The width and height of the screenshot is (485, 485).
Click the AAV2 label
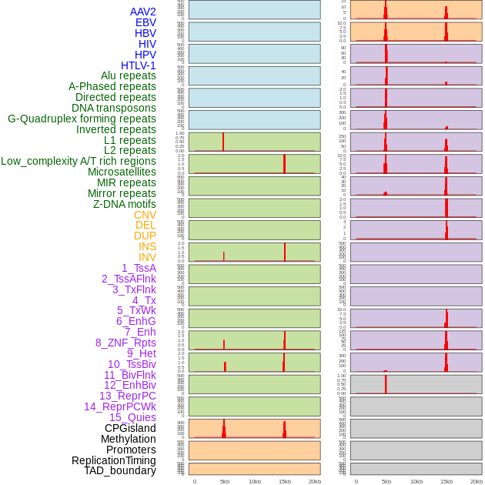pyautogui.click(x=143, y=12)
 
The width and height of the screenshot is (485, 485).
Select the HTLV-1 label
pyautogui.click(x=139, y=65)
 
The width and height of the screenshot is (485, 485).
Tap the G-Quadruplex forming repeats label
pyautogui.click(x=82, y=119)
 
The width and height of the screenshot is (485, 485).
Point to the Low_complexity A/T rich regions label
pyautogui.click(x=79, y=161)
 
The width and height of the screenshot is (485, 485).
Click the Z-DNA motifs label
pyautogui.click(x=125, y=204)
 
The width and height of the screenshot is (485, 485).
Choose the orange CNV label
pyautogui.click(x=145, y=215)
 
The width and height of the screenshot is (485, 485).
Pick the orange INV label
pyautogui.click(x=147, y=257)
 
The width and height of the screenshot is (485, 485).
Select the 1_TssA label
pyautogui.click(x=139, y=268)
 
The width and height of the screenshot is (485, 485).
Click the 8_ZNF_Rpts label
pyautogui.click(x=125, y=343)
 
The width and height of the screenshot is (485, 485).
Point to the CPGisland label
pyautogui.click(x=130, y=428)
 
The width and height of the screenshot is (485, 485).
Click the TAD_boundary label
pyautogui.click(x=120, y=470)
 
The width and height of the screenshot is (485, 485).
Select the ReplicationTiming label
pyautogui.click(x=114, y=460)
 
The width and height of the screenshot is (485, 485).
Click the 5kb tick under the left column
pyautogui.click(x=225, y=481)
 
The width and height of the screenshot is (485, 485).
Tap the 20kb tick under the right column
pyautogui.click(x=477, y=481)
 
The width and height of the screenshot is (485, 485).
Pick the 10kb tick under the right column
pyautogui.click(x=416, y=481)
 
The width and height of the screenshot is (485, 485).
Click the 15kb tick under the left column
pyautogui.click(x=285, y=481)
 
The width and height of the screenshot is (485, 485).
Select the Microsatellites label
pyautogui.click(x=122, y=172)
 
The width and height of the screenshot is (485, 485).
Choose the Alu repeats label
pyautogui.click(x=129, y=75)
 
